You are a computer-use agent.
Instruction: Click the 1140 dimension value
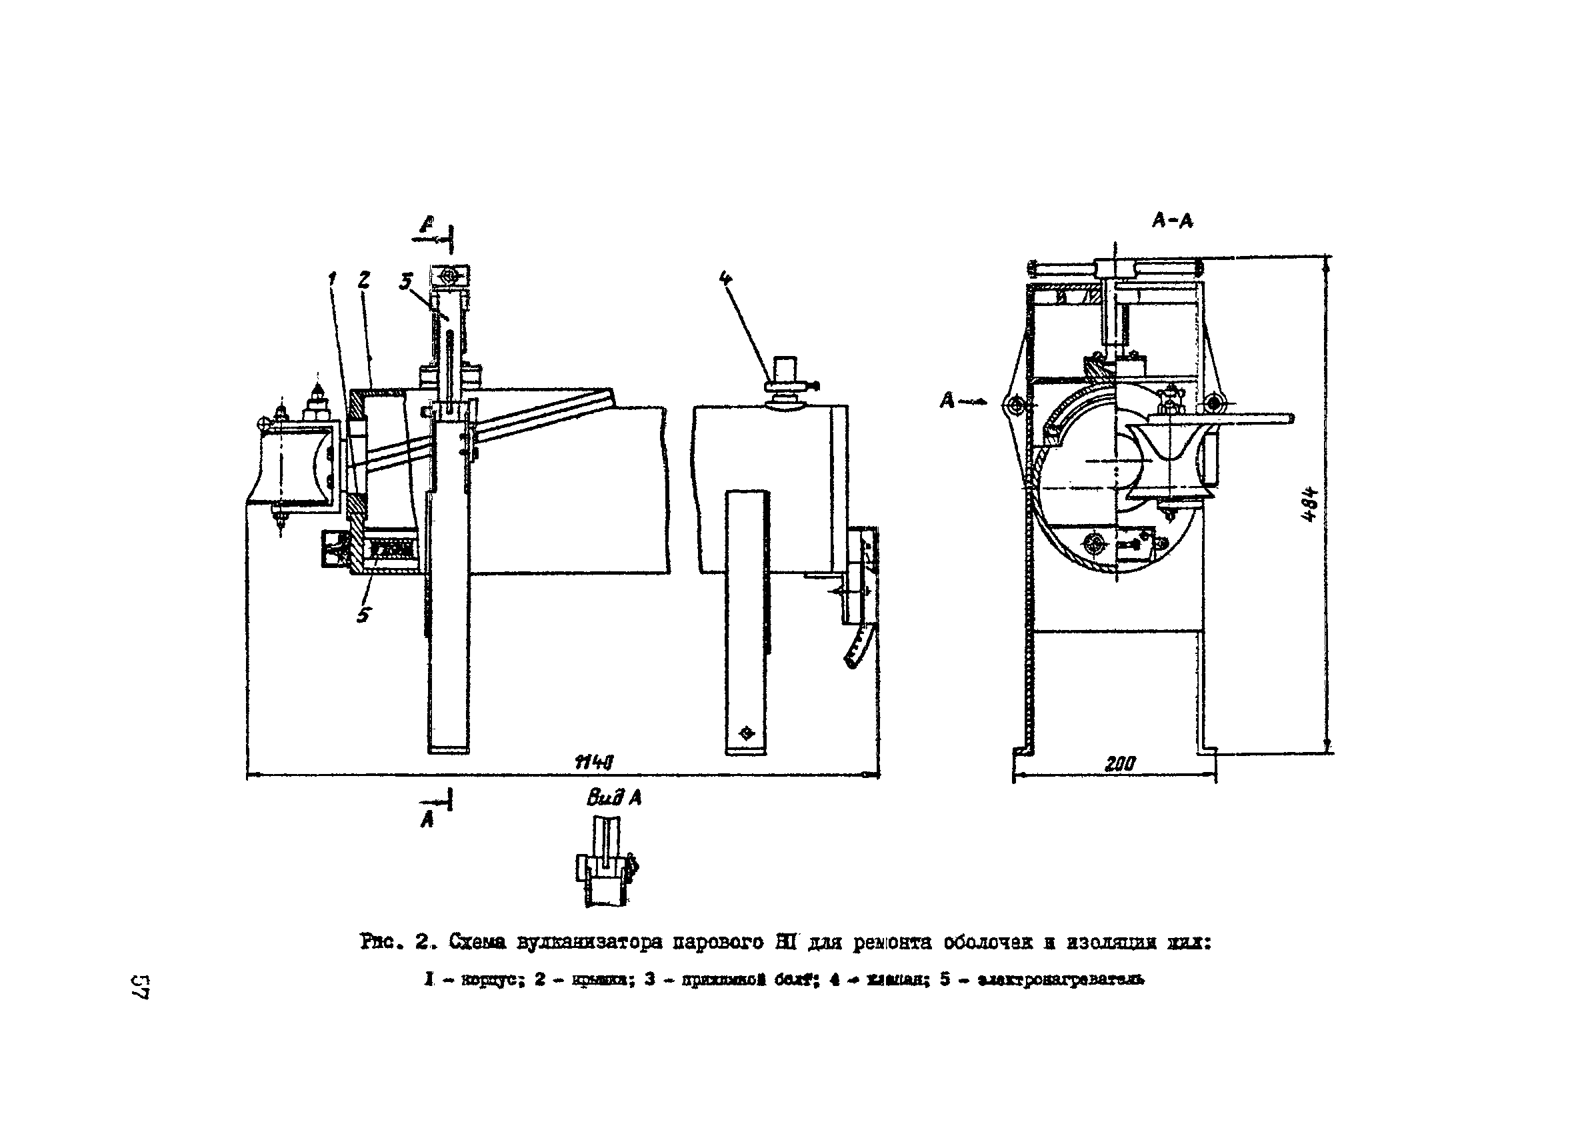(595, 763)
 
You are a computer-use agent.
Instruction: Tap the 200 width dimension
(1119, 764)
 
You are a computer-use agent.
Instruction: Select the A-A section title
(1172, 221)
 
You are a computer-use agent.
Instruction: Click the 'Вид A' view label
(613, 798)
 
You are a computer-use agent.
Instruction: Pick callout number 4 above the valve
(725, 278)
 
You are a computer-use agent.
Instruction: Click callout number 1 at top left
(332, 279)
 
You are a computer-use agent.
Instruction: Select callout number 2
(363, 279)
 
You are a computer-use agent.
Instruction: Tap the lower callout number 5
(363, 615)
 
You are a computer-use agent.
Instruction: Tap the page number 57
(141, 987)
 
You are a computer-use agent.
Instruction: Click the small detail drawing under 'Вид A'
(607, 863)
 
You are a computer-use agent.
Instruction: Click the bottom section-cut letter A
(427, 820)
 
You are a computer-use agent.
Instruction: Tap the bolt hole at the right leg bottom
(746, 733)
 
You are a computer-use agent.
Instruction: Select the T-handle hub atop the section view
(1115, 267)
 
